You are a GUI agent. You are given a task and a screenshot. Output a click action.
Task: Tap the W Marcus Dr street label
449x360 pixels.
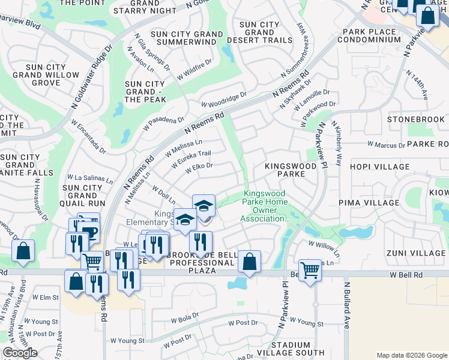click(x=386, y=145)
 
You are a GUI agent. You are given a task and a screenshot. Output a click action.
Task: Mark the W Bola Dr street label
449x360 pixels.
click(x=184, y=319)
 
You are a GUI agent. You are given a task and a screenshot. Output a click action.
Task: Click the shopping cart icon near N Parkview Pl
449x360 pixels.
click(x=310, y=270)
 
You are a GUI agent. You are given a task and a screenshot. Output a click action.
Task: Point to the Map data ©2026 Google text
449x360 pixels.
click(x=412, y=355)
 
